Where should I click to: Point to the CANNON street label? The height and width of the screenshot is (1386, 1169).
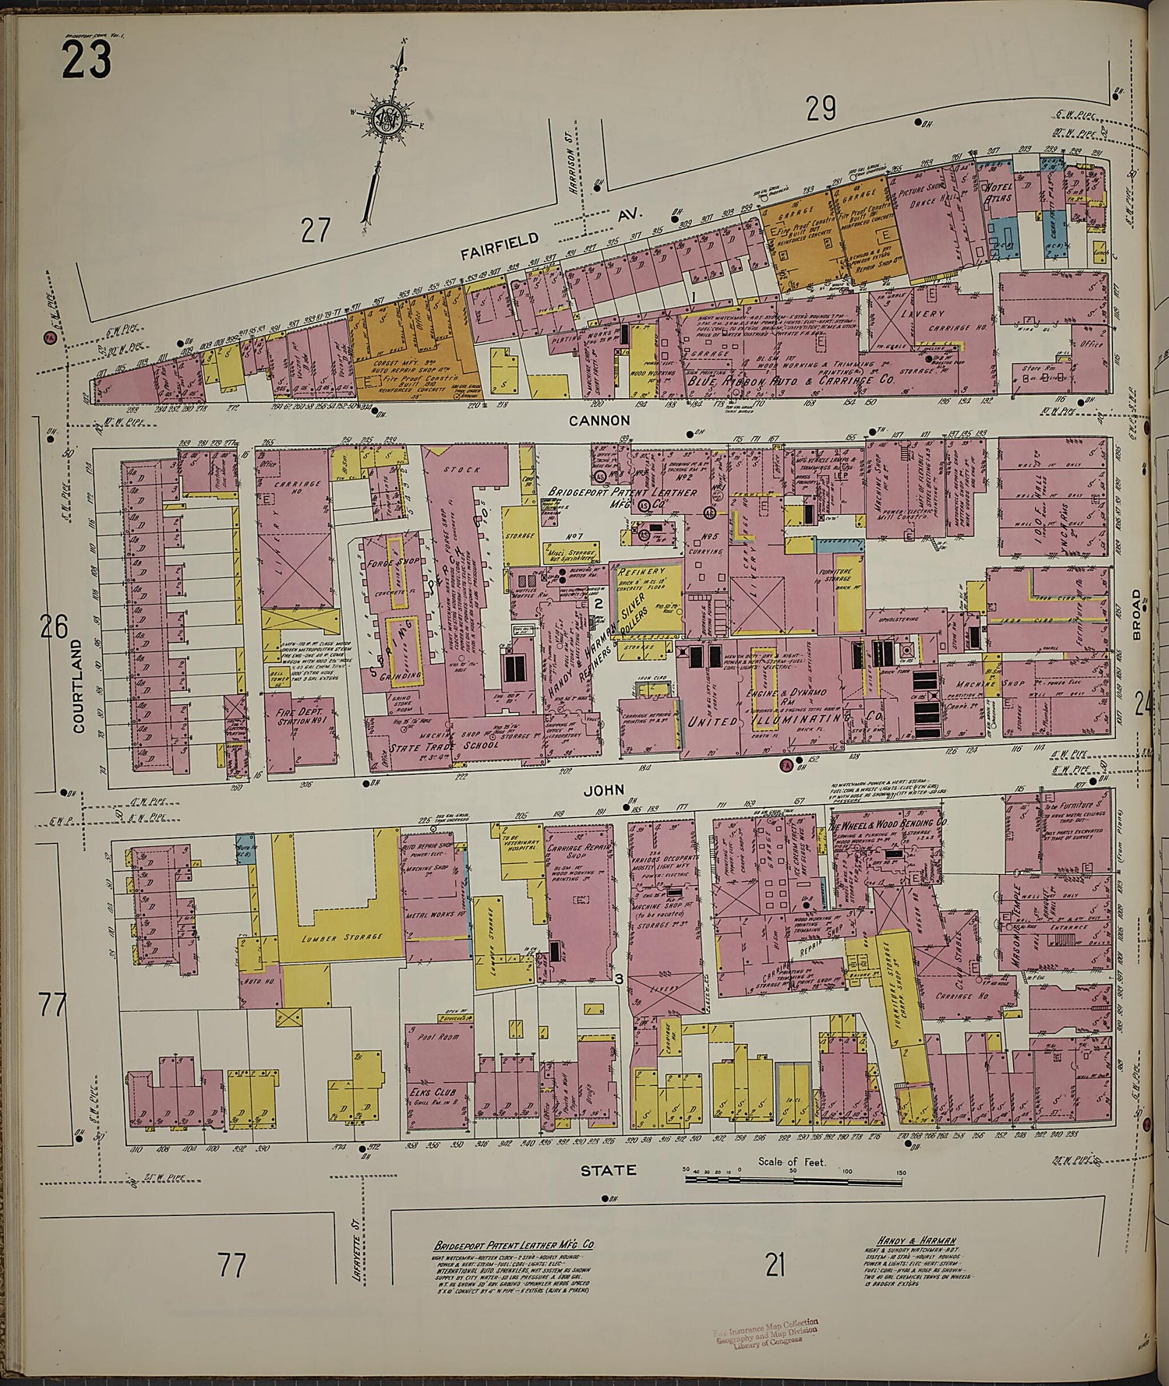pyautogui.click(x=609, y=420)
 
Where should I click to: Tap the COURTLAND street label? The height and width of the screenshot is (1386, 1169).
pyautogui.click(x=78, y=686)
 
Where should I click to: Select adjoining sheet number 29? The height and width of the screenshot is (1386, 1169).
pyautogui.click(x=821, y=112)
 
